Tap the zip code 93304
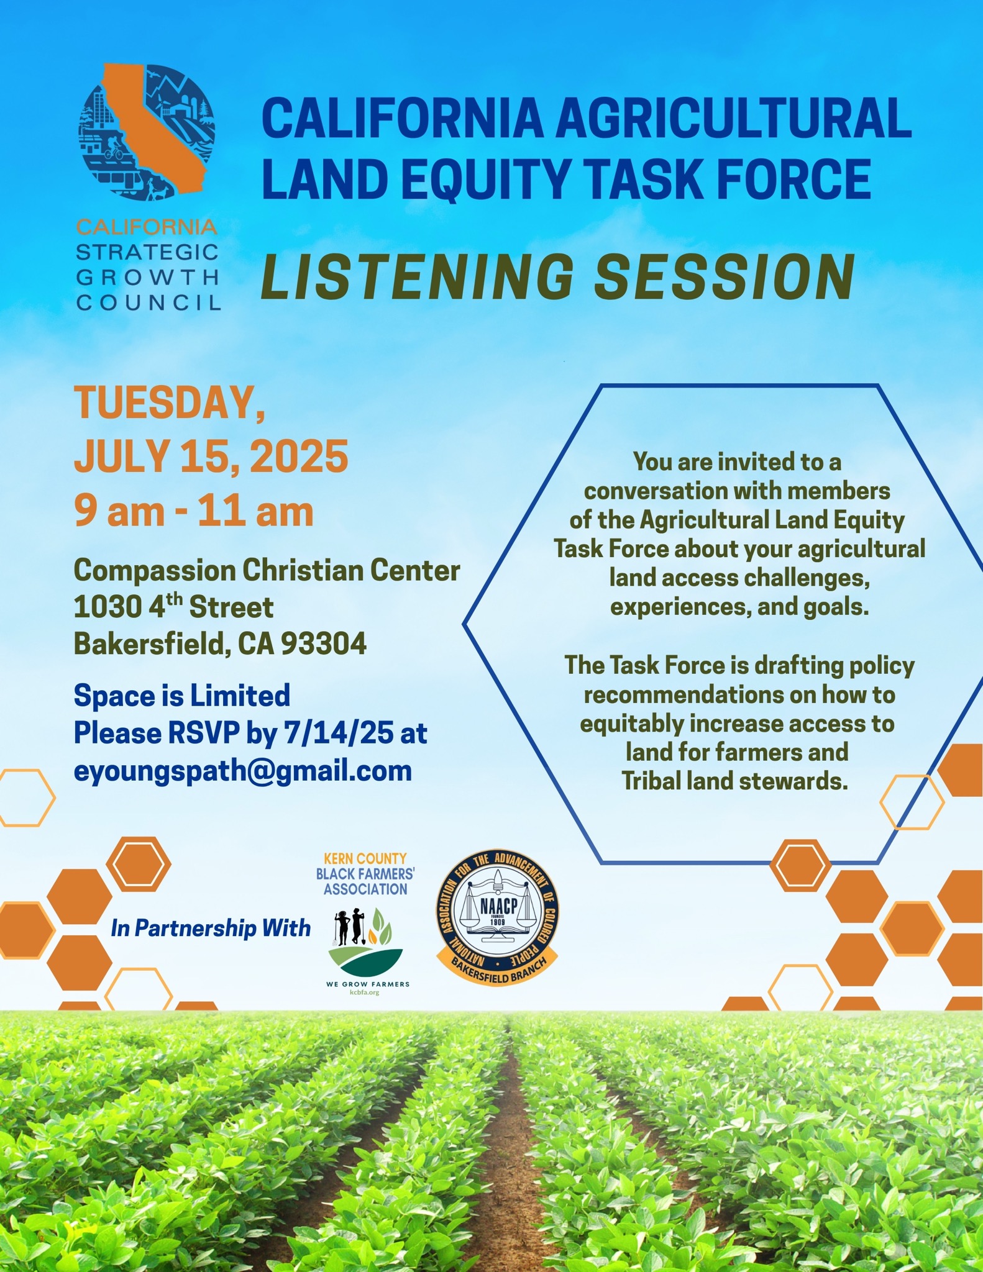coord(324,644)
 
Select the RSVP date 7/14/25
coord(338,734)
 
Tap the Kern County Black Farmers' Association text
coord(365,874)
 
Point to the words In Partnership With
coord(211,929)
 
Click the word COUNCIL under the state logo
coord(149,303)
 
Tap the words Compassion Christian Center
coord(267,570)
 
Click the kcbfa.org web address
coord(365,993)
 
